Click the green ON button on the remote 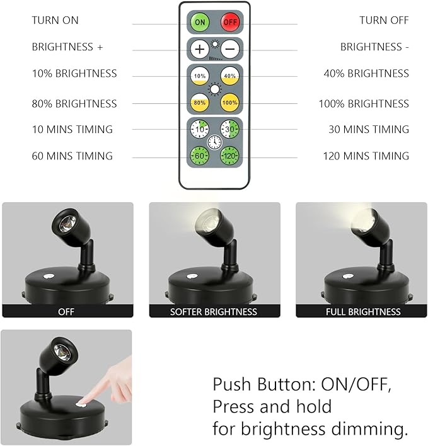click(200, 22)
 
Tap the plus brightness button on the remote click(200, 48)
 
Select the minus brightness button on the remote click(229, 48)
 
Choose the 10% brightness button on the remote click(200, 75)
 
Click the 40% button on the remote click(229, 75)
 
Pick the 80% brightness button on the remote click(200, 101)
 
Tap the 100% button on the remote click(229, 101)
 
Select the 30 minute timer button click(229, 130)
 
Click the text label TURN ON click(55, 21)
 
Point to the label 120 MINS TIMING click(366, 156)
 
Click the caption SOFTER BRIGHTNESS click(214, 312)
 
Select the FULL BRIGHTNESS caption click(362, 312)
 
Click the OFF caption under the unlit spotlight click(66, 312)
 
